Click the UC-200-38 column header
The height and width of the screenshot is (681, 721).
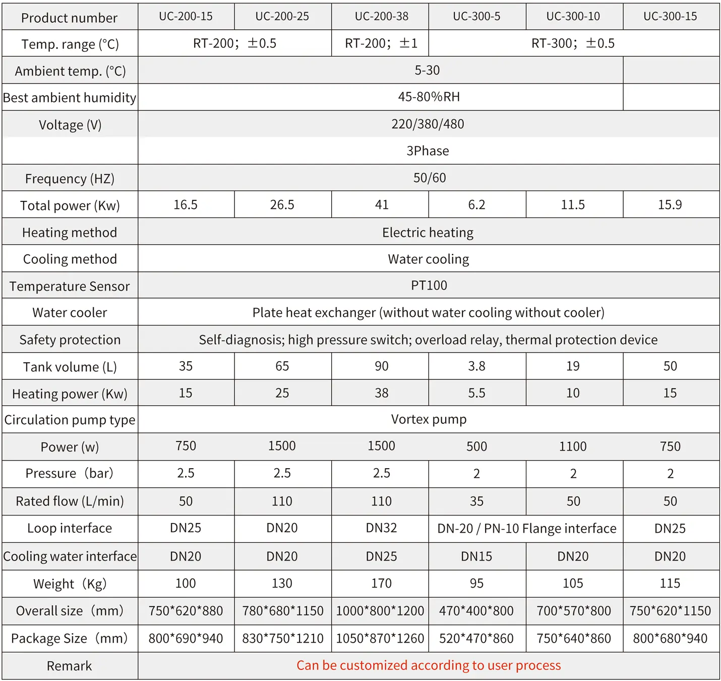(x=381, y=17)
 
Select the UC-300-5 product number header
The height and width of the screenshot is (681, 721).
(x=476, y=17)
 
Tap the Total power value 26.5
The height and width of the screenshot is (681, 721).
(x=282, y=205)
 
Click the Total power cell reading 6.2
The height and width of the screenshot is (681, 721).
(x=476, y=205)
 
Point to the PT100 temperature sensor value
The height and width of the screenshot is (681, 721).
(x=429, y=286)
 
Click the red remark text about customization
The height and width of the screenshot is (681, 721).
(x=429, y=665)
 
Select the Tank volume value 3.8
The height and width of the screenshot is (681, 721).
(x=476, y=366)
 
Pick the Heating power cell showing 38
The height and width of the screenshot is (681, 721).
(x=381, y=393)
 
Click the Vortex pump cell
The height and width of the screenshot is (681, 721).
(x=429, y=419)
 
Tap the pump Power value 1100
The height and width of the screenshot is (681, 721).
(x=573, y=446)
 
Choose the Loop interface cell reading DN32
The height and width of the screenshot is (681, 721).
(x=381, y=528)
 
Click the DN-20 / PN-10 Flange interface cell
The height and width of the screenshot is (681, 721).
(x=526, y=529)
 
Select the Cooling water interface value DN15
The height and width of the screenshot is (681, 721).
(x=476, y=556)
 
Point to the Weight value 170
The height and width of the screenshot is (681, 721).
(x=381, y=584)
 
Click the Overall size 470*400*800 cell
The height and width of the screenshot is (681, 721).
(x=476, y=611)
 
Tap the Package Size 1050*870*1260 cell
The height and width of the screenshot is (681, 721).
(x=380, y=639)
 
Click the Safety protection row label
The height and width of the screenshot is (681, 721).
(x=70, y=340)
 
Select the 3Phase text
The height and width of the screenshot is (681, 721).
(x=428, y=151)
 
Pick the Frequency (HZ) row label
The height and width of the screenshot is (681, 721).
(x=70, y=179)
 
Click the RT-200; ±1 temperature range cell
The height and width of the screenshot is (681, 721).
(x=381, y=43)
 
